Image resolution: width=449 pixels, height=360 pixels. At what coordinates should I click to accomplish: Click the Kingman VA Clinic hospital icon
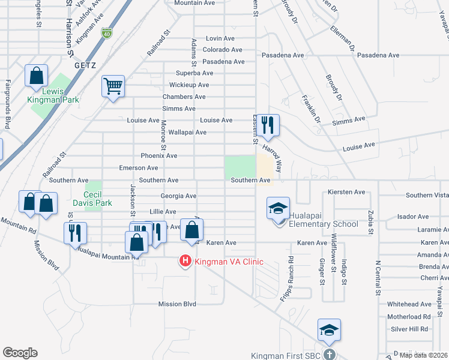185,262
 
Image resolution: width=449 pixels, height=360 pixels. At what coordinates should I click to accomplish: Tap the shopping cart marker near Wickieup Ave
113,87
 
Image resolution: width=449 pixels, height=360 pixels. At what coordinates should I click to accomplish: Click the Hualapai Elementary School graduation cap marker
279,209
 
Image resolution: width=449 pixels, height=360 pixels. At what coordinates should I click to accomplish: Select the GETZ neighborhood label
85,65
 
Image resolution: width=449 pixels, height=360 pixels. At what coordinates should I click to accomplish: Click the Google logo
20,353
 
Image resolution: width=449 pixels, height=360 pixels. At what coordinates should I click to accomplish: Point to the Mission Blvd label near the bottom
177,304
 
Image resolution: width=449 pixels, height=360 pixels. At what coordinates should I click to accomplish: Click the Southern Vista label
427,195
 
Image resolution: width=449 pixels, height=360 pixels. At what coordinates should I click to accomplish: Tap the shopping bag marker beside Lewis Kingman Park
36,77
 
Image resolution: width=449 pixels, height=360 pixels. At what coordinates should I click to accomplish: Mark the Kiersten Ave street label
347,192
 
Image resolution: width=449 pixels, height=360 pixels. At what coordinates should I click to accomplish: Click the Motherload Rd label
409,316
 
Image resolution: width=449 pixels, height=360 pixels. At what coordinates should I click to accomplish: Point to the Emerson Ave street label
139,168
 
